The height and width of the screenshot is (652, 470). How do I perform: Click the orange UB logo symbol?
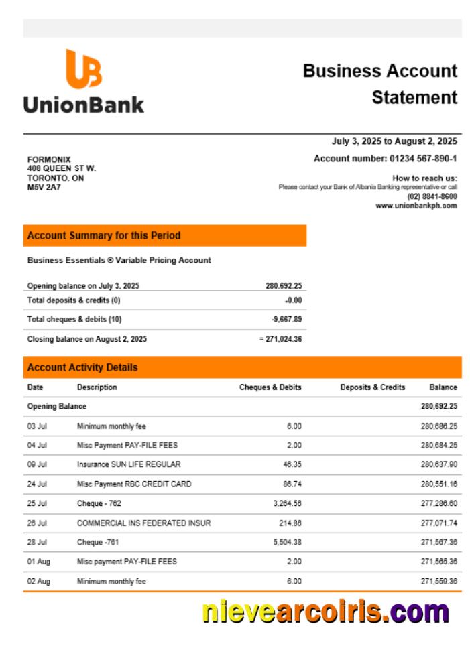tap(84, 69)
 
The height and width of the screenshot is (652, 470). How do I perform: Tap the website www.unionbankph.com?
tap(416, 206)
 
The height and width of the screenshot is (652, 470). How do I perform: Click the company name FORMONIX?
tap(49, 159)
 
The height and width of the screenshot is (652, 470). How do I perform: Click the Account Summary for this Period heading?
tap(104, 236)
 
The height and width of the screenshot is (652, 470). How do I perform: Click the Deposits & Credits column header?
tap(372, 387)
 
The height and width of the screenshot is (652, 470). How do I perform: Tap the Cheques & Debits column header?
tap(270, 387)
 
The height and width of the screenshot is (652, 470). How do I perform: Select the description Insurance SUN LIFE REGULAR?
tap(129, 464)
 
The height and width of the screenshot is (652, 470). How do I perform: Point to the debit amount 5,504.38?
tap(287, 542)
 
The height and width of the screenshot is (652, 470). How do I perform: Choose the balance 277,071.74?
tap(438, 523)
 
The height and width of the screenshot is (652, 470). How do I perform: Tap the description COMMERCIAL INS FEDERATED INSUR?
tap(143, 523)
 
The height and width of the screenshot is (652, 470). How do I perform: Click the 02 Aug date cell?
tap(38, 581)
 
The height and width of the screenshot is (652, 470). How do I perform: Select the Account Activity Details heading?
tap(82, 367)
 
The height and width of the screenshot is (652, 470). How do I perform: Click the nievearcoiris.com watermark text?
tap(325, 612)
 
